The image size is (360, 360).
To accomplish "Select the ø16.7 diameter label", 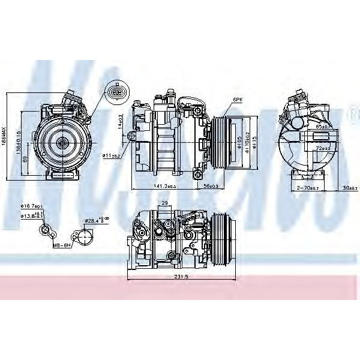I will click(30, 206).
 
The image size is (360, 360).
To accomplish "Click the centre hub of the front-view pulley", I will click(61, 142).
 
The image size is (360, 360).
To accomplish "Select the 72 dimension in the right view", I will click(323, 148).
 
